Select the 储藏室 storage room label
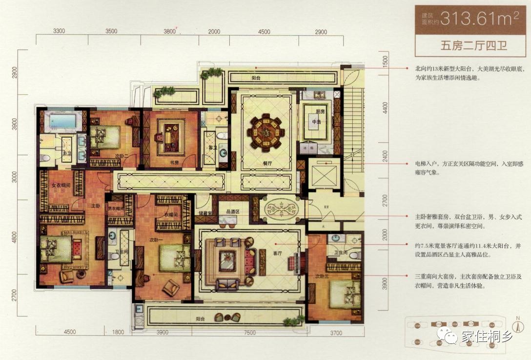coord(204,213)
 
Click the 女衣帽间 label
coord(61,185)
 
